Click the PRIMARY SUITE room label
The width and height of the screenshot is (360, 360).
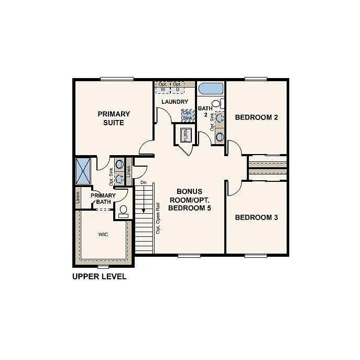point(114,118)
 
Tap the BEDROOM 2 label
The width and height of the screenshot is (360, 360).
point(256,117)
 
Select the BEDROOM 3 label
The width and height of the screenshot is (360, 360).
point(256,217)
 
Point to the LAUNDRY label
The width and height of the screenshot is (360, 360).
point(174,102)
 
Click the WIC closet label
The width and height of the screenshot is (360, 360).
point(103,235)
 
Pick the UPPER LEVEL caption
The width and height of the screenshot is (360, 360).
point(99,276)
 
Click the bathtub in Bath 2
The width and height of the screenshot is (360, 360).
point(211,89)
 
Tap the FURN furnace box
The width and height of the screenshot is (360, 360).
point(185,136)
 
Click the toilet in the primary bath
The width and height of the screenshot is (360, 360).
point(124,212)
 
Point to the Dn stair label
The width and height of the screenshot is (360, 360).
point(143,182)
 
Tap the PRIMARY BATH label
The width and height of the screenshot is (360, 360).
point(103,199)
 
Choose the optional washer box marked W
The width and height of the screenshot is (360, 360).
point(163,87)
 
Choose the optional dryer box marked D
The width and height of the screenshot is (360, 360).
point(178,87)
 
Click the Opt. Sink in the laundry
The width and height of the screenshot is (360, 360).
point(187,115)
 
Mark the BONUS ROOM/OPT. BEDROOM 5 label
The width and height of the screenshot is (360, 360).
point(189,200)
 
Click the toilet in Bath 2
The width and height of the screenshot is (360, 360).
point(220,137)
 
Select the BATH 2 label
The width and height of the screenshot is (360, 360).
point(203,112)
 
